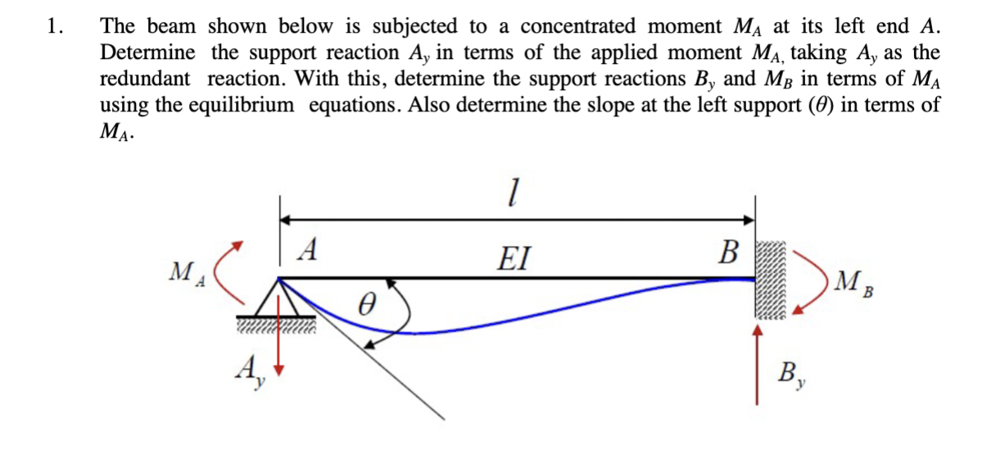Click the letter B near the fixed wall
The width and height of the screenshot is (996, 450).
pos(728,250)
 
